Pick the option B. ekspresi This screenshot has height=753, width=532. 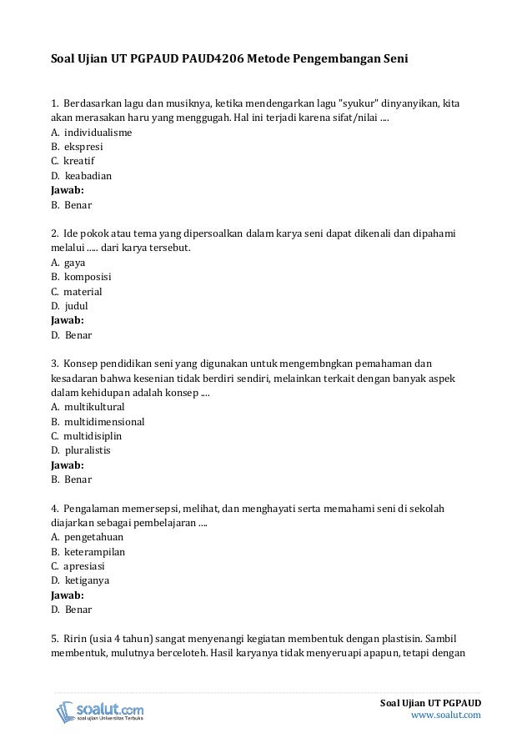[x=79, y=148]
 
